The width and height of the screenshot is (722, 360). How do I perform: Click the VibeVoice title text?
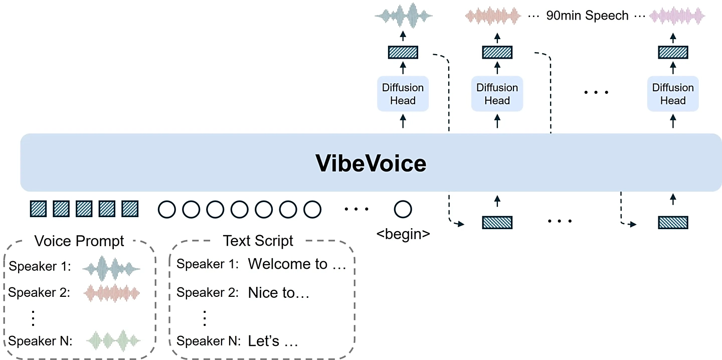[x=371, y=163]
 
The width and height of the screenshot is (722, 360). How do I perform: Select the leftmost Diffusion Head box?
[x=403, y=94]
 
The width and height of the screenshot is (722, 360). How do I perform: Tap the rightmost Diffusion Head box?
[x=672, y=94]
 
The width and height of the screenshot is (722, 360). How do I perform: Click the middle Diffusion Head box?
[x=497, y=94]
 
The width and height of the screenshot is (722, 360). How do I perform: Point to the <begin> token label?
[x=403, y=234]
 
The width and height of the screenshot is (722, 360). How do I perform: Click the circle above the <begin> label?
[x=403, y=209]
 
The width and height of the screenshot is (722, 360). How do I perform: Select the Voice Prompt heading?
[x=79, y=241]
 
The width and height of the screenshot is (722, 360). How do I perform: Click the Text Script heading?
[x=258, y=241]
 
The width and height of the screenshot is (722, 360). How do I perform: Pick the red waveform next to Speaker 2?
[x=111, y=292]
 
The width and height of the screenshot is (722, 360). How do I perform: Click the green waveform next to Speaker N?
[x=111, y=341]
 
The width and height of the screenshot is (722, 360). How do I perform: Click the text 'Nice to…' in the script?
[x=279, y=293]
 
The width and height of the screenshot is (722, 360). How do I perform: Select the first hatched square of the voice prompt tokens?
[x=39, y=209]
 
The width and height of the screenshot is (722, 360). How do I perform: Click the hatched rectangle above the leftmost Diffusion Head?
[x=403, y=52]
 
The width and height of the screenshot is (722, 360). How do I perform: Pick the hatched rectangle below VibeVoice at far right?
[x=672, y=222]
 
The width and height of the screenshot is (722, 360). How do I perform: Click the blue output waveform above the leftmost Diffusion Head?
[x=403, y=16]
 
